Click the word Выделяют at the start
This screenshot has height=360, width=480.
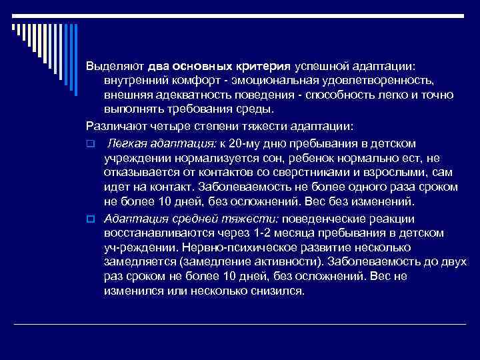pos(116,67)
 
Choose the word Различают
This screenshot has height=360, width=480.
pos(115,125)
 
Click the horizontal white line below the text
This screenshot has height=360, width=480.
pos(240,323)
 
